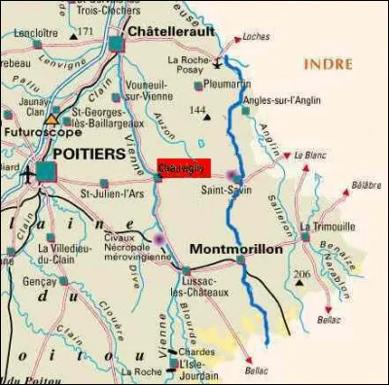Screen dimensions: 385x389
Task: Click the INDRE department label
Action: (x=329, y=64)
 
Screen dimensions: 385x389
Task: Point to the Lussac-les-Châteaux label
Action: (x=207, y=285)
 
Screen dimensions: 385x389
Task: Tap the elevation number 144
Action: (x=198, y=111)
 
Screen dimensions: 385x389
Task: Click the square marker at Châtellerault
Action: (x=118, y=44)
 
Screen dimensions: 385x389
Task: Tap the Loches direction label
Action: (x=256, y=37)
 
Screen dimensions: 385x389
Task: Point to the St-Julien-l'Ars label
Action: (x=111, y=193)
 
